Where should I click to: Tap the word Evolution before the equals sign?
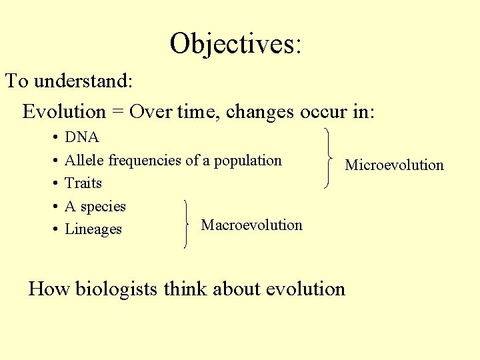[64, 111]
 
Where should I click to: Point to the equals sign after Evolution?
[118, 112]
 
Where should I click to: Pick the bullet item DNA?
[82, 137]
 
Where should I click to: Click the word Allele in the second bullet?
[85, 160]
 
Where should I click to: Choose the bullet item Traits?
[83, 183]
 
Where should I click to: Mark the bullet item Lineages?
[93, 229]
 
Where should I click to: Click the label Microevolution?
[394, 165]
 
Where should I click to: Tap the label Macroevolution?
[251, 225]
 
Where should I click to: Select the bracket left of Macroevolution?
[186, 224]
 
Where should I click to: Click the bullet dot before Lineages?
[53, 229]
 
